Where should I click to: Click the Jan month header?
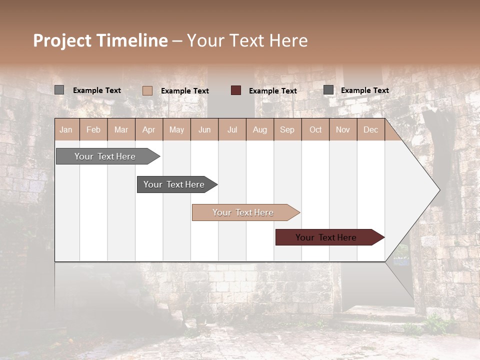[66, 129]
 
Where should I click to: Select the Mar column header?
[121, 129]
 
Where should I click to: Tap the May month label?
[176, 129]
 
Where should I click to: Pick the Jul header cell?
[232, 129]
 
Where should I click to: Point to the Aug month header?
[259, 129]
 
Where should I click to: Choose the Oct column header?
[315, 129]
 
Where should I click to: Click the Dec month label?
[370, 129]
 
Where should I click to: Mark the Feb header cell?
[93, 129]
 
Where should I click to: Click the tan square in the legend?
[147, 90]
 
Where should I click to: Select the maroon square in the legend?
[236, 90]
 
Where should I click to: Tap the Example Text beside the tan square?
[185, 91]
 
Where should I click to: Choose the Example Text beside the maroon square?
[273, 91]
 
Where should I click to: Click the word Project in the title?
[62, 40]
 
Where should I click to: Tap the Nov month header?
[343, 129]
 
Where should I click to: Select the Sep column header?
[287, 129]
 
